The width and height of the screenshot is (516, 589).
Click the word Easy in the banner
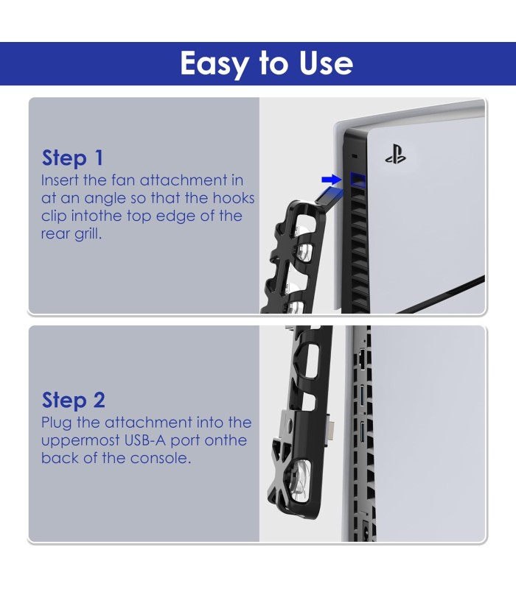click(x=214, y=64)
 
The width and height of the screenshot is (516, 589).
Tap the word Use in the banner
click(x=326, y=63)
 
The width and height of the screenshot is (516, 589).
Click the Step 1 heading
click(x=72, y=158)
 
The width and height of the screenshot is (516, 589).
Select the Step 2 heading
click(x=73, y=400)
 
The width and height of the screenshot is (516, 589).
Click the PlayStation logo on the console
click(x=395, y=155)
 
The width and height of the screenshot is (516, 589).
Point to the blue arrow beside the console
click(x=331, y=180)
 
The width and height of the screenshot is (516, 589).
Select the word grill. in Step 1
click(x=88, y=234)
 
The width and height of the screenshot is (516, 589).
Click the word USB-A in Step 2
click(x=144, y=440)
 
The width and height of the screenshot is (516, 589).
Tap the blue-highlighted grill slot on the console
click(x=358, y=180)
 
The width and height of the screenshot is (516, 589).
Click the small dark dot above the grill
click(x=354, y=156)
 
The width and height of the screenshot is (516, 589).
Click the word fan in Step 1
click(x=123, y=180)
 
